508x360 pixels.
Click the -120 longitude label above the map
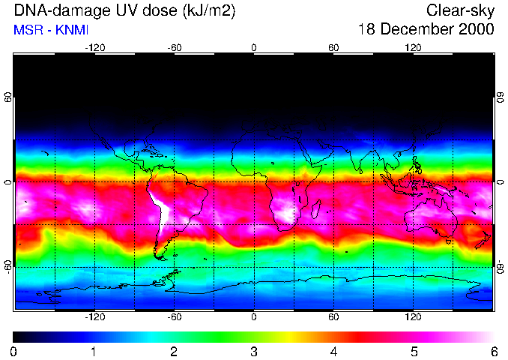pos(94,47)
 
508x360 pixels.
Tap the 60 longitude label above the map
pos(333,47)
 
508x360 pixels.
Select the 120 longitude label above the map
pos(414,47)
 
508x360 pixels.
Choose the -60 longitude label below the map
pos(175,317)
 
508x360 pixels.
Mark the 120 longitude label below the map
pos(414,317)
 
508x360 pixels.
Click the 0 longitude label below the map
pos(254,317)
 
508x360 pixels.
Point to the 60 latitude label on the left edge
pos(8,97)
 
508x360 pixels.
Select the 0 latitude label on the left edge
pos(8,182)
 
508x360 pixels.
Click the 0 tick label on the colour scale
pos(14,351)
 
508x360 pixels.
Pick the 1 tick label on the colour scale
pos(94,351)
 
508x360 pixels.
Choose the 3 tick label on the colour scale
pos(254,351)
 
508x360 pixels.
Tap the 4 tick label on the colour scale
pos(334,351)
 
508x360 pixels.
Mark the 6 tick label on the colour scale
pos(493,351)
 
